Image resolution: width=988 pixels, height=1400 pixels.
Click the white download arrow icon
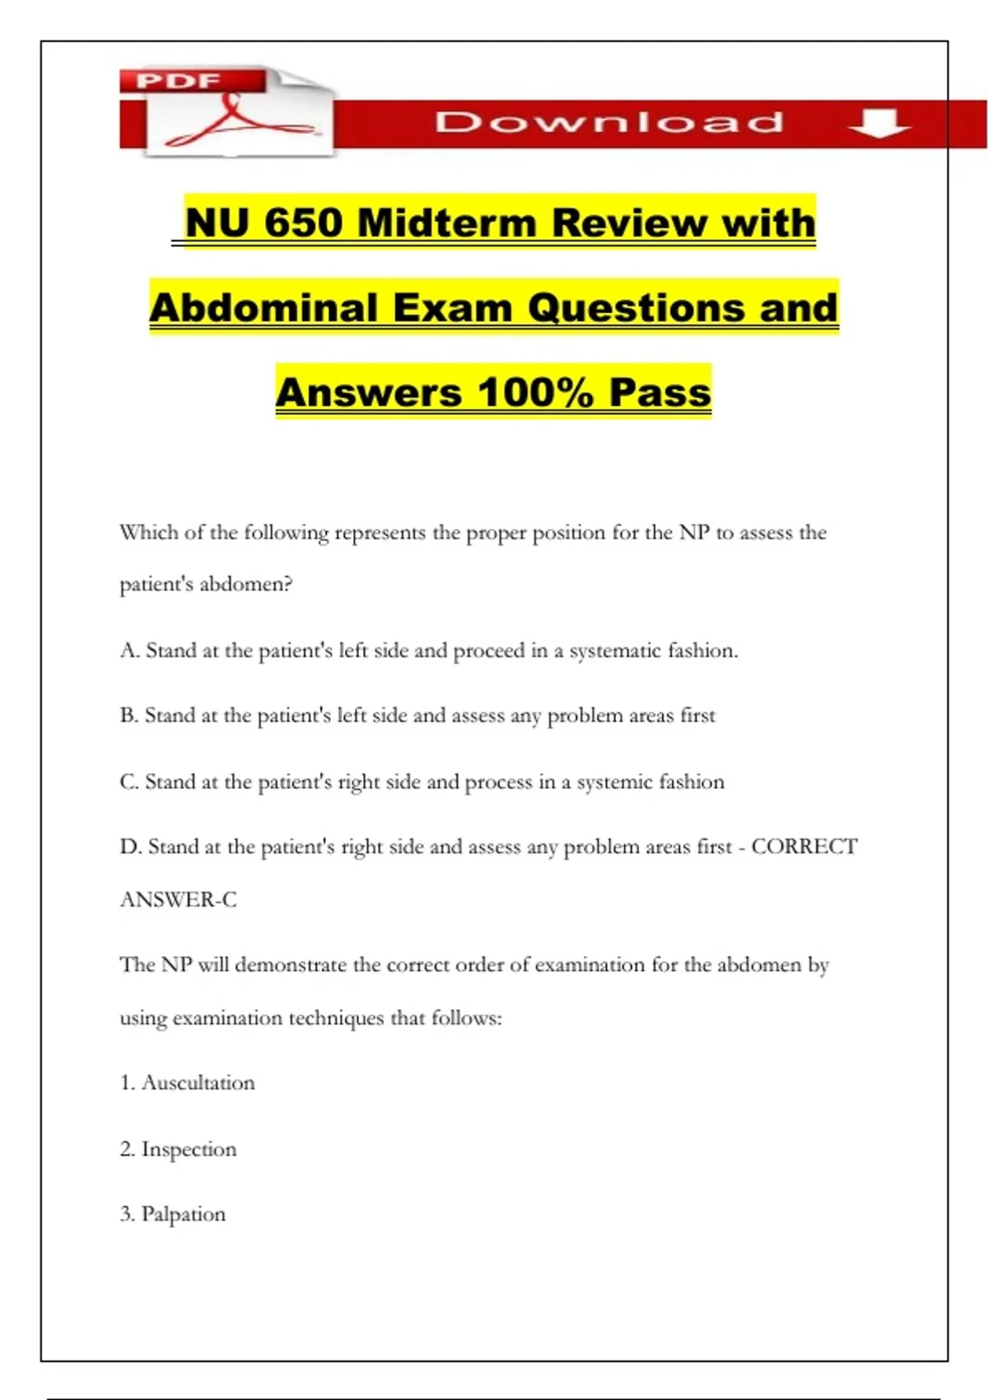(x=878, y=123)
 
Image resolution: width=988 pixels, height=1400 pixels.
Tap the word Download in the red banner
(x=608, y=123)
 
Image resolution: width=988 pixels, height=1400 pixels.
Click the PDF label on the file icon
(x=178, y=81)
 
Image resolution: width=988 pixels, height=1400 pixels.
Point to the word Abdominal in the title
(x=264, y=308)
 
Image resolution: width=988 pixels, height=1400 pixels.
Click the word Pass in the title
(x=659, y=392)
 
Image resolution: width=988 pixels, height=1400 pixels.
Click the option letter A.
(x=128, y=651)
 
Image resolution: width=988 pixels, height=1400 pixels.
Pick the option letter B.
(x=128, y=715)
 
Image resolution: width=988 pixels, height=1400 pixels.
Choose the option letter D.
(x=129, y=847)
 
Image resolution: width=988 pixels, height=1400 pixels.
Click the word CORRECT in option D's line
(x=804, y=847)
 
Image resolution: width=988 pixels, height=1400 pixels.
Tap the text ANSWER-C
(x=179, y=899)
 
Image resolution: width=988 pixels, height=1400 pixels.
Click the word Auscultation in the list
(x=198, y=1082)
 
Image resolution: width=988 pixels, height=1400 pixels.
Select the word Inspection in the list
(x=189, y=1149)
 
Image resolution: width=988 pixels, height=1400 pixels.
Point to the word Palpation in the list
(x=184, y=1214)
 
